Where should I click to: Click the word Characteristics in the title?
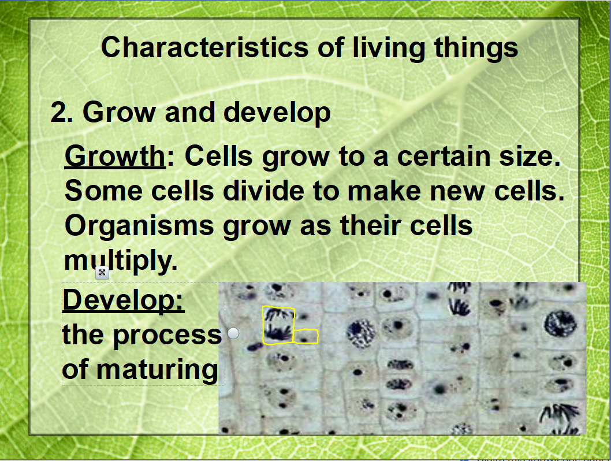coord(205,47)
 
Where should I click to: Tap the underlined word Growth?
coord(116,157)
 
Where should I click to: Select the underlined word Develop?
coord(123,300)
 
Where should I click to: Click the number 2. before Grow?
coord(62,112)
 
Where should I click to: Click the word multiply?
coord(121,261)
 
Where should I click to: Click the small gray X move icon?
coord(102,273)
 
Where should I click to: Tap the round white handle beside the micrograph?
coord(233,333)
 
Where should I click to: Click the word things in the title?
coord(476,48)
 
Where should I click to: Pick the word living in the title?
coord(389,48)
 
